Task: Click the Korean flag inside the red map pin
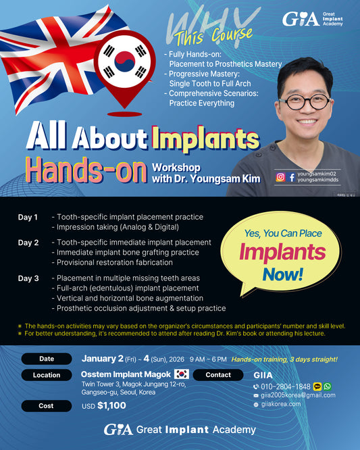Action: pyautogui.click(x=123, y=62)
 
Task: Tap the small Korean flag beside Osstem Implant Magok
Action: pyautogui.click(x=181, y=374)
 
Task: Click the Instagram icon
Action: pyautogui.click(x=280, y=178)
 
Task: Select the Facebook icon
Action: pyautogui.click(x=291, y=178)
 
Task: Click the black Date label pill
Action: pyautogui.click(x=46, y=359)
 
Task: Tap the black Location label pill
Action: pyautogui.click(x=46, y=374)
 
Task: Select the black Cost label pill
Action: pyautogui.click(x=46, y=406)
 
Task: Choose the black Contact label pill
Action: pyautogui.click(x=218, y=374)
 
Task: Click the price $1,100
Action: pyautogui.click(x=111, y=405)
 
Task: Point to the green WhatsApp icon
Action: pyautogui.click(x=328, y=386)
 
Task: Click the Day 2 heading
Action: pyautogui.click(x=28, y=242)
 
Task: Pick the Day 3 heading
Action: pyautogui.click(x=28, y=278)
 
